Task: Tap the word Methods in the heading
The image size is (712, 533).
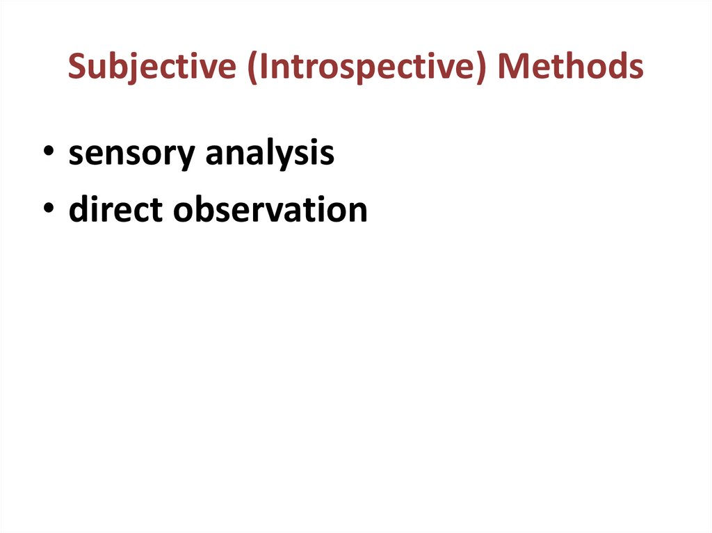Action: (x=570, y=67)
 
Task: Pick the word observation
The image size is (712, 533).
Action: (x=270, y=210)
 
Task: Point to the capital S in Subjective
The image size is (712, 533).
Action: (x=76, y=67)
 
